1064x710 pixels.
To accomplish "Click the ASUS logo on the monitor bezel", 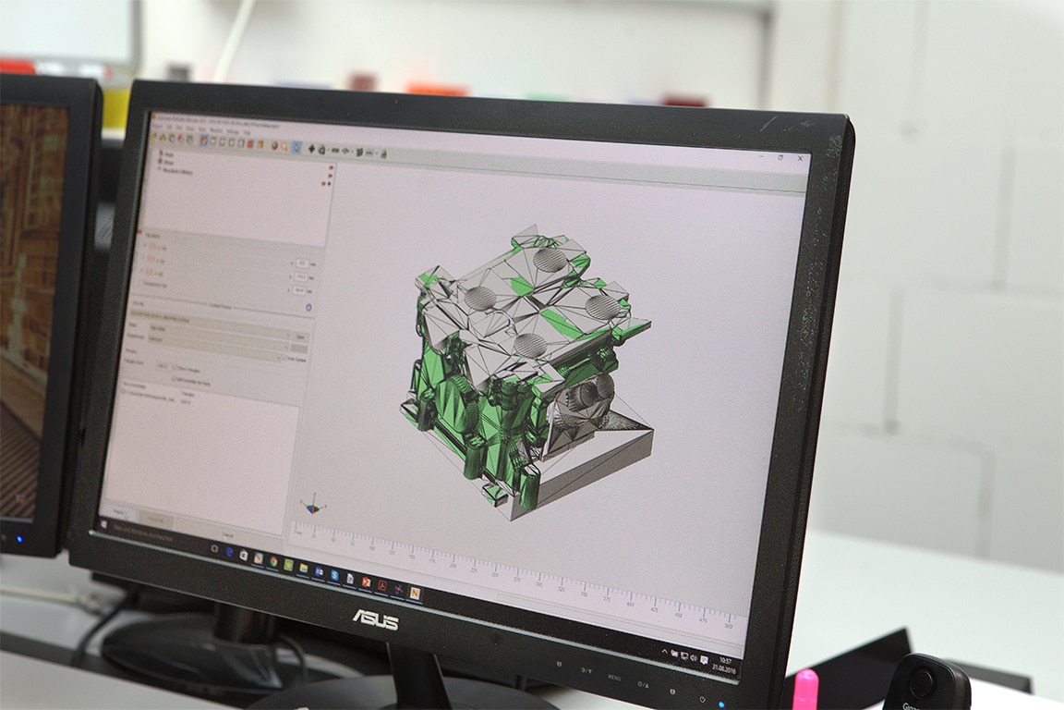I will [x=375, y=618].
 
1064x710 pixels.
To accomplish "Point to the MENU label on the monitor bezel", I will [x=614, y=677].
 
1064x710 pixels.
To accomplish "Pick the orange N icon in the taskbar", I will [x=415, y=592].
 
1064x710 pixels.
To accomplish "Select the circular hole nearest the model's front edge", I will [x=528, y=345].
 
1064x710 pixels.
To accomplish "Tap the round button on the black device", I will [x=921, y=682].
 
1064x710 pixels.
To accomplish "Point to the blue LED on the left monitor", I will [x=18, y=538].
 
